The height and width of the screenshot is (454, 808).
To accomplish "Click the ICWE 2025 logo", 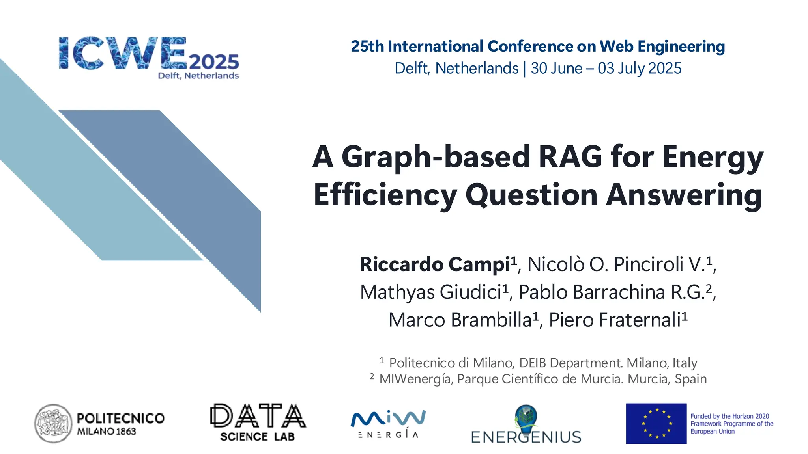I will click(149, 58).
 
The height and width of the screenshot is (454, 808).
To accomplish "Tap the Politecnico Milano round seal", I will click(53, 424).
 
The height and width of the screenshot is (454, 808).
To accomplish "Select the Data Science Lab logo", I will click(258, 422).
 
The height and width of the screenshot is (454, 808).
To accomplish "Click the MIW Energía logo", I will click(388, 424).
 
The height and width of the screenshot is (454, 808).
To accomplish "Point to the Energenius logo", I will click(526, 425).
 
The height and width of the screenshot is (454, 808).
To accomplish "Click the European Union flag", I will click(656, 424).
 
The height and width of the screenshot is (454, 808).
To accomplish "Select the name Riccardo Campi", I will click(435, 264).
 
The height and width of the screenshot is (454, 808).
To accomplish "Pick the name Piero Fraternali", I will click(615, 320).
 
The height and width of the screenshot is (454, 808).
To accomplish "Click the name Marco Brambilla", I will click(460, 320).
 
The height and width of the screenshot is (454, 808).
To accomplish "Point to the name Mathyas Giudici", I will click(430, 292).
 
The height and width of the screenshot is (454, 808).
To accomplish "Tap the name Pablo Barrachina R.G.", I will click(612, 292).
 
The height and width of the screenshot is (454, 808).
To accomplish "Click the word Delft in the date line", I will click(411, 68).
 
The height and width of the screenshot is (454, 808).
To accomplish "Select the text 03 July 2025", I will click(640, 68).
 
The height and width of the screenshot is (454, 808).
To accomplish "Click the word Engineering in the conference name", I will click(681, 47).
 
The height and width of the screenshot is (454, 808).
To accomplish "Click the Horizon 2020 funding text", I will click(731, 424).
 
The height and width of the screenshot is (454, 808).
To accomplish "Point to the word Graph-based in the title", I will click(436, 157).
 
